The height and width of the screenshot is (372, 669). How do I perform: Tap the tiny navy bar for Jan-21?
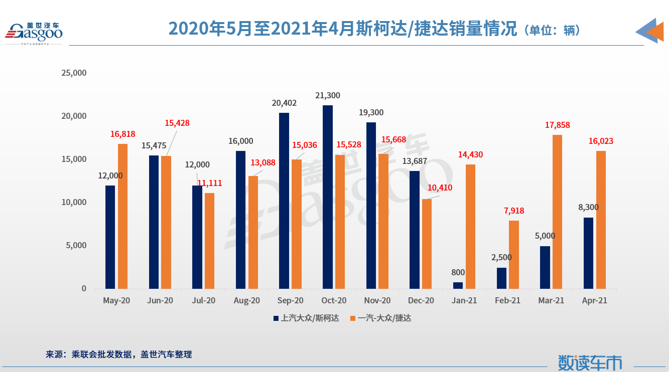pos(458,285)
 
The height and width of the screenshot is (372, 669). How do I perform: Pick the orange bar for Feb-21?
pos(514,255)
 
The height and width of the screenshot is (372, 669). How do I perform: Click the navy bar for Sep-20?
pos(284,201)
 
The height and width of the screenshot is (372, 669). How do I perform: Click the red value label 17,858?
pos(557,125)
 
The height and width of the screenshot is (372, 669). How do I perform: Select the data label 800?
pos(458,273)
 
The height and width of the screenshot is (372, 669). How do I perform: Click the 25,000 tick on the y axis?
pos(74,73)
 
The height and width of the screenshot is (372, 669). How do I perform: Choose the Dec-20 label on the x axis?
pos(421,301)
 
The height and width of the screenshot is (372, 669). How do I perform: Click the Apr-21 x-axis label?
pos(595,301)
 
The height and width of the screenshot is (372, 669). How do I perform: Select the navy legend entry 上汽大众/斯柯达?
pos(306,318)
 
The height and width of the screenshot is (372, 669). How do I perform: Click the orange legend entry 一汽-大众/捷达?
pos(381,318)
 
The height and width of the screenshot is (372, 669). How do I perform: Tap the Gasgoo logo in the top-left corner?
pos(34,32)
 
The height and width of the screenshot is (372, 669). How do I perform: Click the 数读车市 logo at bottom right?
pos(590,362)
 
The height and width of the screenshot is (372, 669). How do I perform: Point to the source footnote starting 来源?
pos(118,354)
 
